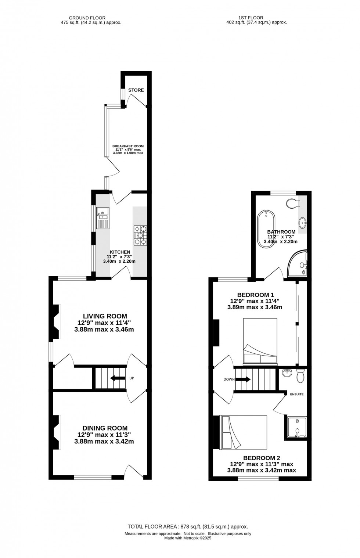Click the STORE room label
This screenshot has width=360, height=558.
(x=136, y=90)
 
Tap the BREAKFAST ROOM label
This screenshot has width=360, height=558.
(x=128, y=146)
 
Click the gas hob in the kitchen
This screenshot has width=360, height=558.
(x=140, y=235)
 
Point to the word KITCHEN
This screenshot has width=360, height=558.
(x=120, y=252)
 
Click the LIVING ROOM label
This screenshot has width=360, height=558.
(x=105, y=316)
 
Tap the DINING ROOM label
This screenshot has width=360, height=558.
(x=105, y=428)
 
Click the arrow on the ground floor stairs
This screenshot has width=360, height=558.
(x=118, y=378)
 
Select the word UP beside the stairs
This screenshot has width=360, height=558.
(x=132, y=378)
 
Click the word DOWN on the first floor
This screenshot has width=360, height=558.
(x=229, y=379)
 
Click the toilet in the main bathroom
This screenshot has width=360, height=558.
(x=294, y=204)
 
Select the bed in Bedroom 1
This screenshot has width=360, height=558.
(x=260, y=342)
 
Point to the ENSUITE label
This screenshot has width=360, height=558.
(x=297, y=394)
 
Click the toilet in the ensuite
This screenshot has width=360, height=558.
(x=300, y=376)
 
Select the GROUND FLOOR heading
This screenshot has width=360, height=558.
(x=87, y=18)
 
